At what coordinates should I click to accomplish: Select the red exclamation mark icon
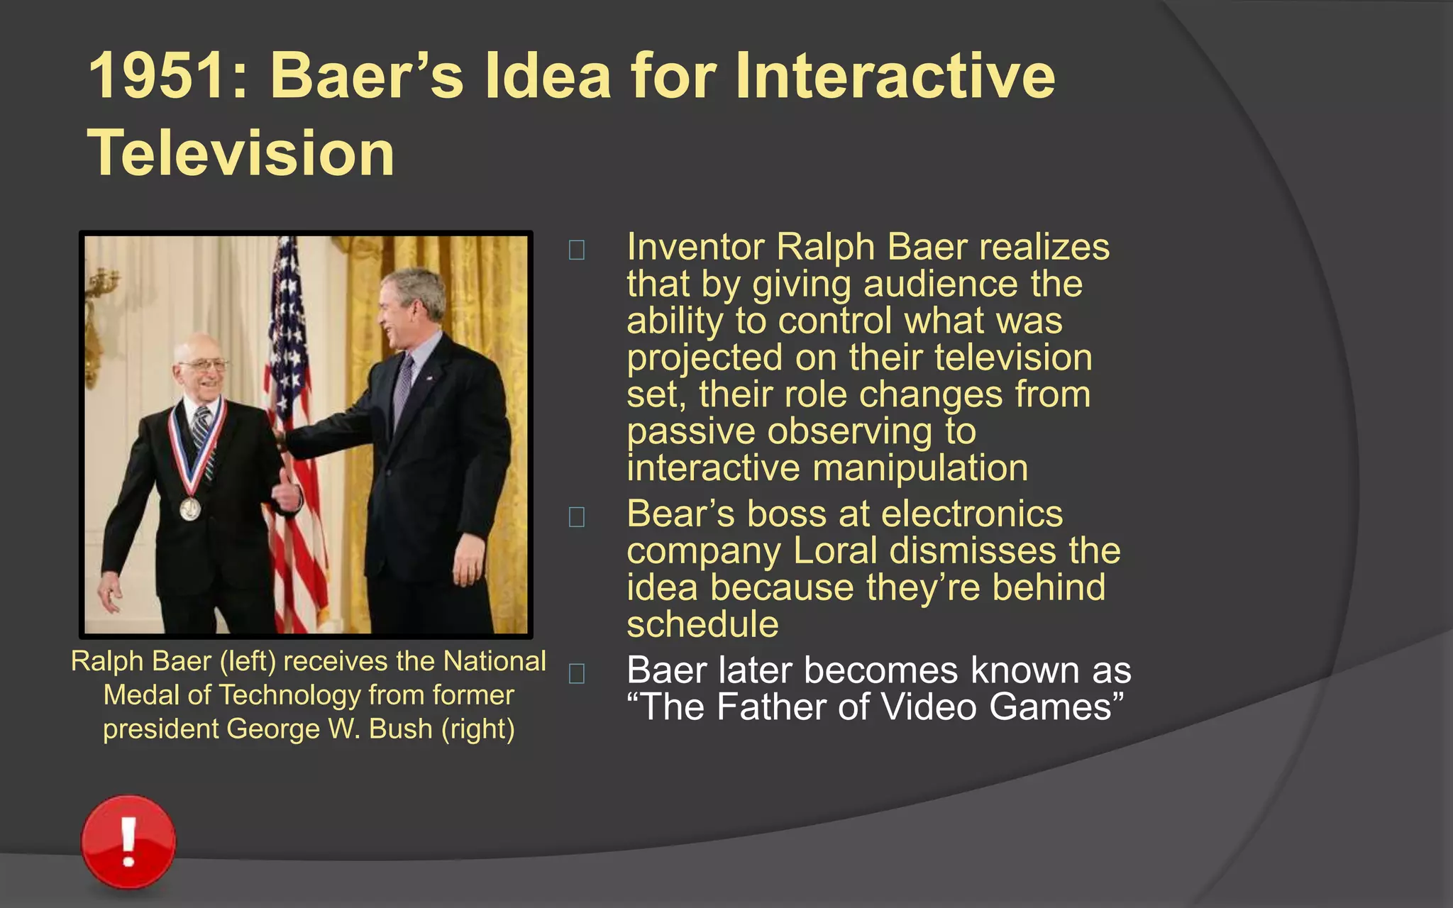tap(128, 841)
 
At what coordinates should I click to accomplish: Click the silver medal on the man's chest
tap(189, 509)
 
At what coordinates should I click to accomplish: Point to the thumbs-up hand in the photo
tap(288, 491)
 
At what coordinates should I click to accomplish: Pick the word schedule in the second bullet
tap(702, 625)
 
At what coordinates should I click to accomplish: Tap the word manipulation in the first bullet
tap(920, 469)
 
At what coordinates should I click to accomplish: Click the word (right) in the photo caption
tap(477, 729)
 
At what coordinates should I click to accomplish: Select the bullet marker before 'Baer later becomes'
tap(577, 673)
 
